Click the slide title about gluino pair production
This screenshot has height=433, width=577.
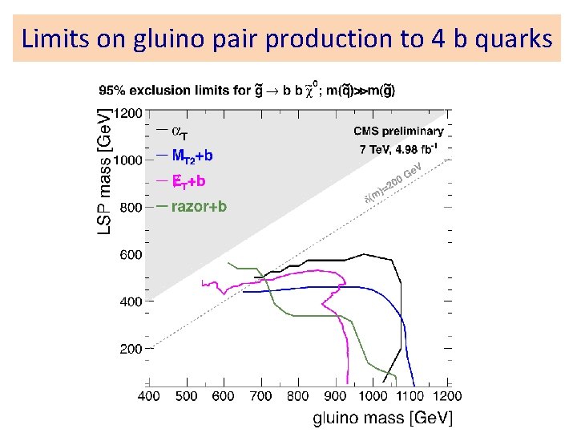(287, 38)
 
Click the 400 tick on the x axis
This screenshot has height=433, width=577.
(148, 395)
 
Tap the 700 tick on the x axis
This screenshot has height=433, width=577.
(260, 395)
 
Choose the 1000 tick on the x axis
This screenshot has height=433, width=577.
(373, 395)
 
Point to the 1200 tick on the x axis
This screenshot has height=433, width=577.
(447, 395)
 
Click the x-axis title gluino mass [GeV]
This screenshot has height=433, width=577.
(382, 417)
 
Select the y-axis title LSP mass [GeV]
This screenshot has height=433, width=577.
(105, 161)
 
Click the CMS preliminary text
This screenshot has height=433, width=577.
(398, 131)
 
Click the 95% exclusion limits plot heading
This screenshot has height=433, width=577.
(247, 90)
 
